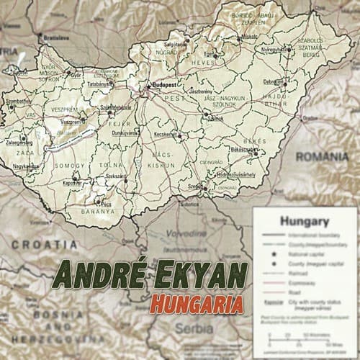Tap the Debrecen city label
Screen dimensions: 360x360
click(x=274, y=81)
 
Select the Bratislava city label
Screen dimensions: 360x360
click(x=55, y=37)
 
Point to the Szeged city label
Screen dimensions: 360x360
click(x=195, y=185)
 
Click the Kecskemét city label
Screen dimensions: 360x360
click(x=165, y=135)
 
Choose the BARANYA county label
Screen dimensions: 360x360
click(x=97, y=213)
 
